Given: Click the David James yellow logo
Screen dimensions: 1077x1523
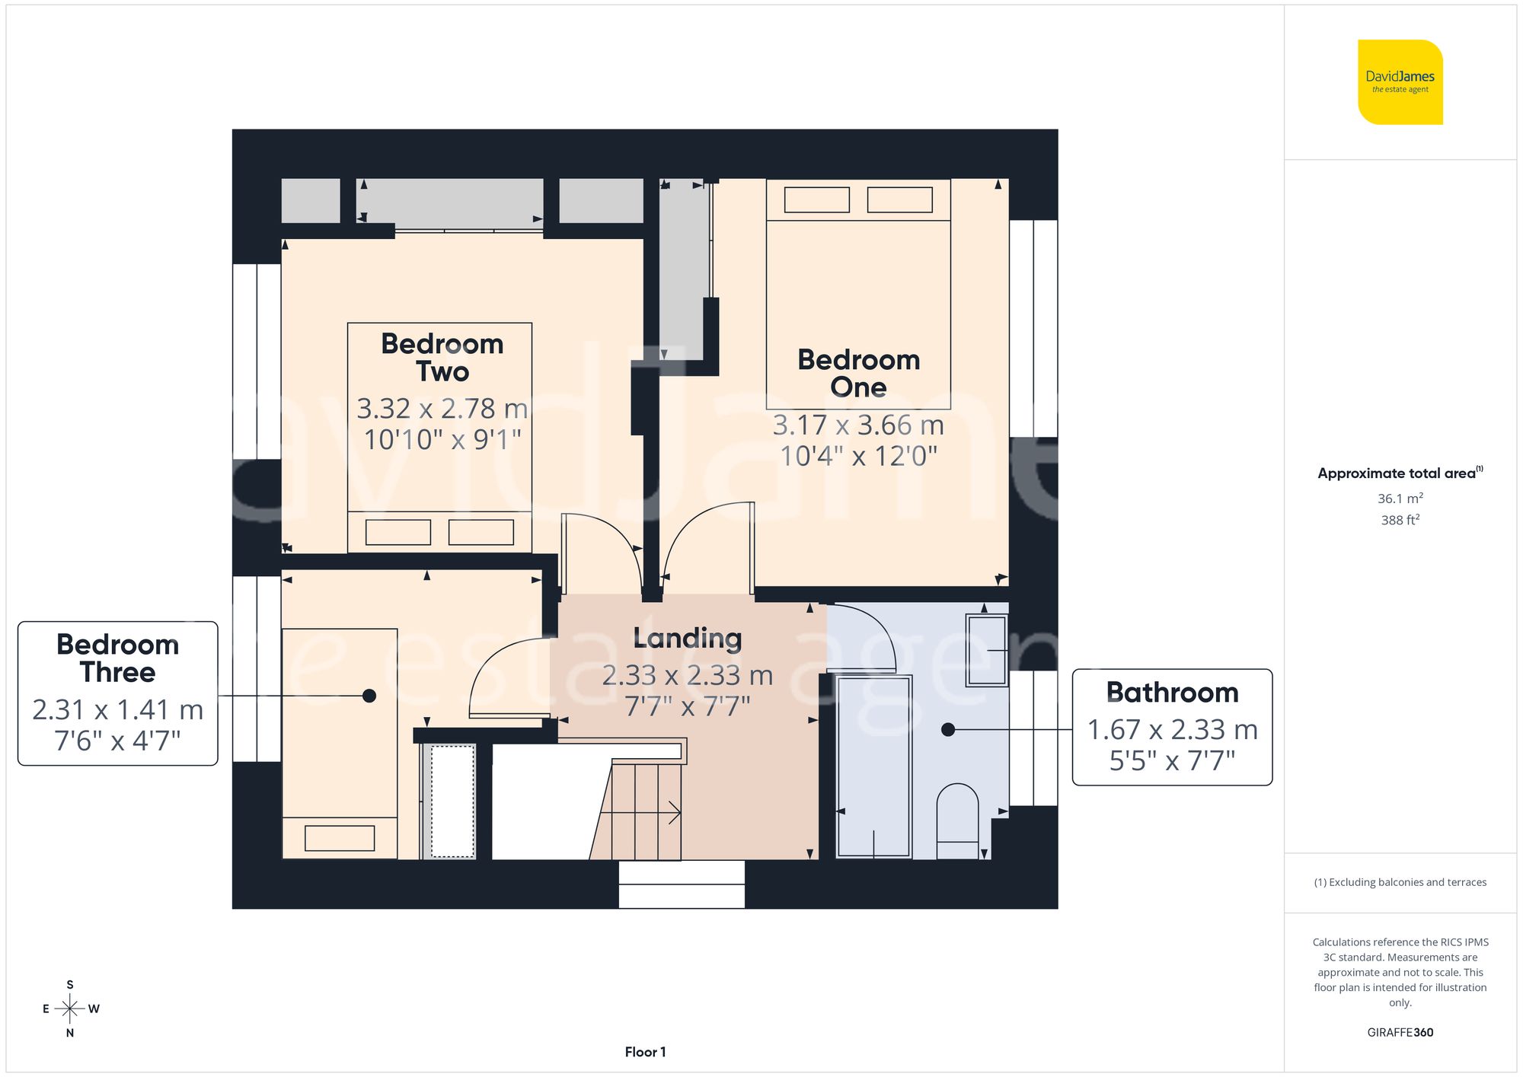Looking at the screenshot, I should click(1400, 82).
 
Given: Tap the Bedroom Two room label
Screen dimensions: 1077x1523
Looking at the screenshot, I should click(442, 358).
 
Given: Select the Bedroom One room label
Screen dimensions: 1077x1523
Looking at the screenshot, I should click(858, 373).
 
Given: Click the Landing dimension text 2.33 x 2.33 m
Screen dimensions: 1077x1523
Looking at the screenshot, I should click(687, 675).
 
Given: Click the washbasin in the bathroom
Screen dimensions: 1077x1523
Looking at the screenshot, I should click(986, 651).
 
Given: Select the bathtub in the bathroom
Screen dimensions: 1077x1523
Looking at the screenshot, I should click(873, 766).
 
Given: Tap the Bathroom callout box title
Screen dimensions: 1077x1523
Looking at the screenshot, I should click(1172, 693).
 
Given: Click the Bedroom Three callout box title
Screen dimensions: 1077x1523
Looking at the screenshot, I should click(117, 658).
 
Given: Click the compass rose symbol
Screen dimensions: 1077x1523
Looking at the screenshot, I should click(69, 1009).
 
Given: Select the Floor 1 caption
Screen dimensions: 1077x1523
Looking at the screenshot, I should click(645, 1052).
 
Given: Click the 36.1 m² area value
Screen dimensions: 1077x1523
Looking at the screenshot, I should click(1400, 499).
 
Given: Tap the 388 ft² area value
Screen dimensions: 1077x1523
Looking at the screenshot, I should click(1400, 520).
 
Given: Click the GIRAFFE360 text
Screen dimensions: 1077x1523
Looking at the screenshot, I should click(1400, 1032).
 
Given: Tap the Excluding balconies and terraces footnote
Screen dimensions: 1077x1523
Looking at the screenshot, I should click(1400, 882).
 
